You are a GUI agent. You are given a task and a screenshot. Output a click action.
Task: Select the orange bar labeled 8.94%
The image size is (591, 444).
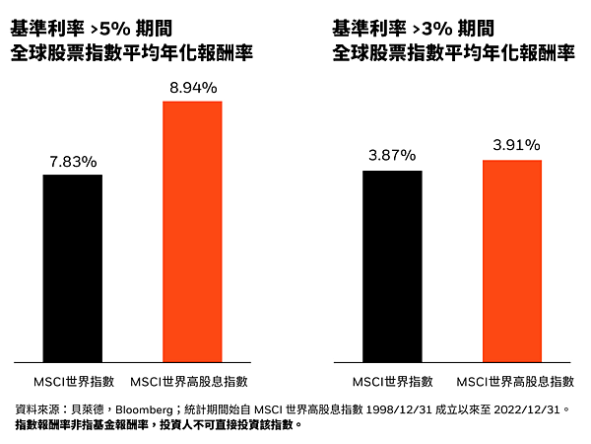pos(192,231)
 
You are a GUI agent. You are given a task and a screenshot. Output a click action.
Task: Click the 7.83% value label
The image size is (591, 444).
pos(73,162)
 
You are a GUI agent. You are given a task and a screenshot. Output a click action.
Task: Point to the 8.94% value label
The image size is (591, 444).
pos(192,88)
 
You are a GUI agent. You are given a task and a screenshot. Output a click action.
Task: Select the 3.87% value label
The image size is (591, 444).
pos(392,155)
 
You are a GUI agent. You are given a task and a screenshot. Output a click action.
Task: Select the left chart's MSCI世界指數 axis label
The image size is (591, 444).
pos(73,381)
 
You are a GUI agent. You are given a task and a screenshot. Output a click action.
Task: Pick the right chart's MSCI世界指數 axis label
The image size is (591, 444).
pos(393,381)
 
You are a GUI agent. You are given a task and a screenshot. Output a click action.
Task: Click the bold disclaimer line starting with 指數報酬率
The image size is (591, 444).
pos(158,426)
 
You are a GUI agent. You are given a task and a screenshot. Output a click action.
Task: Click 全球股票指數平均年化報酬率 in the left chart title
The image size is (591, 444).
pos(129,54)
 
